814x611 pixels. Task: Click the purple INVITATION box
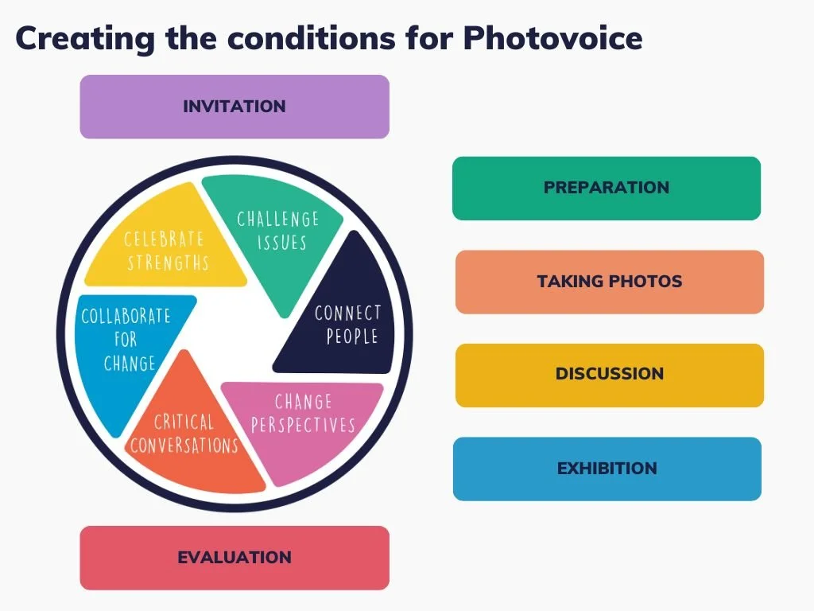[x=235, y=107]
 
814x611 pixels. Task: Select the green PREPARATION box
[x=607, y=188]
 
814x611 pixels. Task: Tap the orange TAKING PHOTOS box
[x=610, y=282]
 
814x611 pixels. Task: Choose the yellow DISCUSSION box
[x=610, y=375]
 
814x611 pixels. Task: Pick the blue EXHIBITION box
[x=607, y=469]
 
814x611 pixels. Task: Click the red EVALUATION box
[x=235, y=558]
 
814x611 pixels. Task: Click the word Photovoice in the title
[x=552, y=37]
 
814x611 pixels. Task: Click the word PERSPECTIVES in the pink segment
[x=303, y=426]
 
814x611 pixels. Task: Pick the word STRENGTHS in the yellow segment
[x=168, y=262]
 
